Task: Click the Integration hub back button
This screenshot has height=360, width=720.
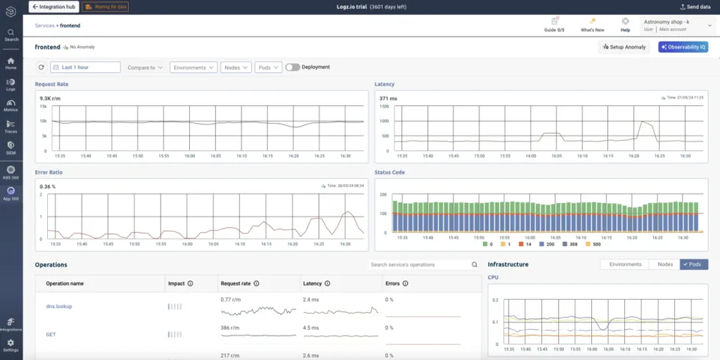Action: [54, 7]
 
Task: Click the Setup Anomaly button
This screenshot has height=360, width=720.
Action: [624, 47]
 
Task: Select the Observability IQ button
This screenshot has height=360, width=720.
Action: [683, 47]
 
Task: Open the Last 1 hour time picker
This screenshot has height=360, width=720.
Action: [85, 67]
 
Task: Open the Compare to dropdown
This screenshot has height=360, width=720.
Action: [145, 67]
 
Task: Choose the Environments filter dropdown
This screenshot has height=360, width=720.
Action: [194, 67]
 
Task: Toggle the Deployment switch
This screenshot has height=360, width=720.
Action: [292, 67]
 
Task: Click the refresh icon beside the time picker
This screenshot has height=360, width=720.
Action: [41, 67]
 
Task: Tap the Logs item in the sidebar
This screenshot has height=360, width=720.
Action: [11, 85]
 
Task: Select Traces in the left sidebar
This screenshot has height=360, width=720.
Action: [11, 127]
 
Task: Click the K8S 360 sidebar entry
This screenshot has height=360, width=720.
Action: [11, 172]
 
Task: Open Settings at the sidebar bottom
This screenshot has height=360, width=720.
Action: [11, 345]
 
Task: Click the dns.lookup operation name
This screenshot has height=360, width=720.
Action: [59, 306]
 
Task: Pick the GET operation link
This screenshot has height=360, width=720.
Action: [51, 334]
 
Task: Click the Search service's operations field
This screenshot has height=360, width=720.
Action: [420, 264]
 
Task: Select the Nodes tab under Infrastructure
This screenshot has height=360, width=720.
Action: [665, 264]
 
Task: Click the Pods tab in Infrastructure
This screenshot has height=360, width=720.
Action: [693, 264]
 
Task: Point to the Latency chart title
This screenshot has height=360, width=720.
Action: [384, 84]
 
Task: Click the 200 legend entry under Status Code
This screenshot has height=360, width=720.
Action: [546, 244]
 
